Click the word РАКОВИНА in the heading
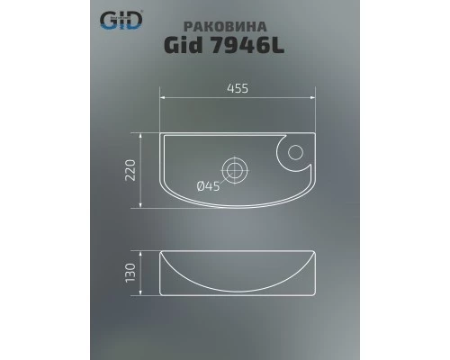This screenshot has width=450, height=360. tap(244, 26)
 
